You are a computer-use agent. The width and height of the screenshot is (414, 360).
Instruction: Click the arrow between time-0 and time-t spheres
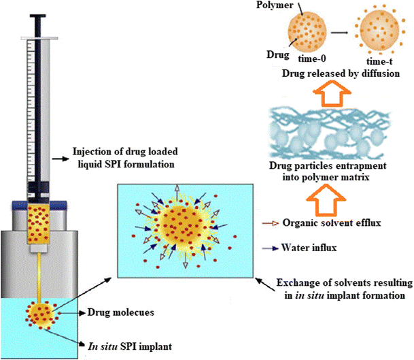[x=343, y=33]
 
